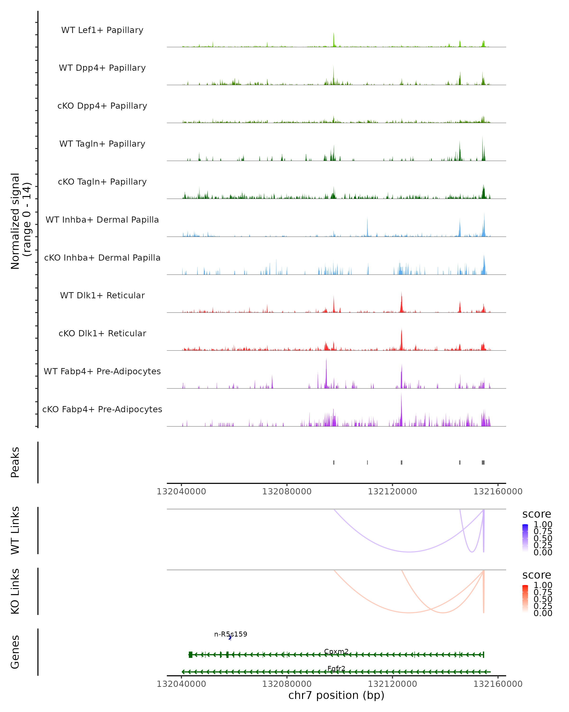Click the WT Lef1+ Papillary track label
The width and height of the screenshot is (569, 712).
point(102,30)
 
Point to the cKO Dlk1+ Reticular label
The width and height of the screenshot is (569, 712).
point(102,333)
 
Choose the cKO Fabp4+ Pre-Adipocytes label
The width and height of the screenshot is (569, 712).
point(102,409)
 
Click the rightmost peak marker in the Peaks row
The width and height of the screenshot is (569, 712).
point(483,462)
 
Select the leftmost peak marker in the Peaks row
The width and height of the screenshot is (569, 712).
point(334,462)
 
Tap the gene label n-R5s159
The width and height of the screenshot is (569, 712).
point(231,634)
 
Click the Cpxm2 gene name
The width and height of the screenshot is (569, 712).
point(336,651)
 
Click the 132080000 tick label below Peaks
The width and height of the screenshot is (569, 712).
point(287,492)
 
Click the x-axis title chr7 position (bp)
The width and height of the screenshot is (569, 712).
point(336,695)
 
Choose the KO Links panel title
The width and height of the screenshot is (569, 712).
point(15,591)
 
